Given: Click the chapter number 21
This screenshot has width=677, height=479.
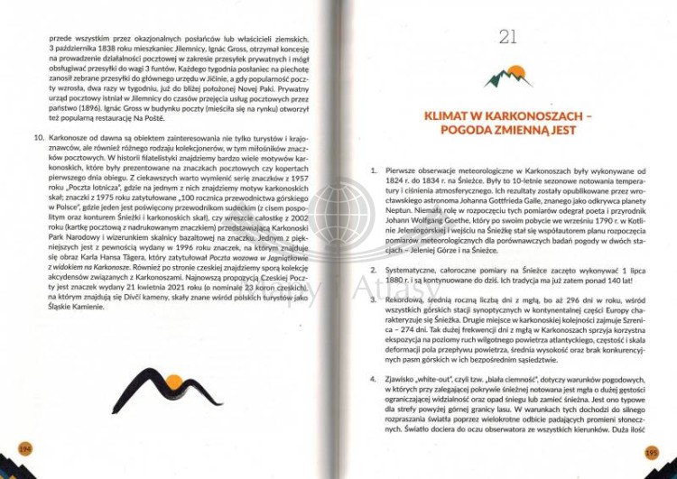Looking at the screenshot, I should pyautogui.click(x=507, y=37).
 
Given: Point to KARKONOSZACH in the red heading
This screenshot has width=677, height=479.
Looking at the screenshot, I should pyautogui.click(x=526, y=115).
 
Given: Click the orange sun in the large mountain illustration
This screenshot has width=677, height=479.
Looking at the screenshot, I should pyautogui.click(x=172, y=391).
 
